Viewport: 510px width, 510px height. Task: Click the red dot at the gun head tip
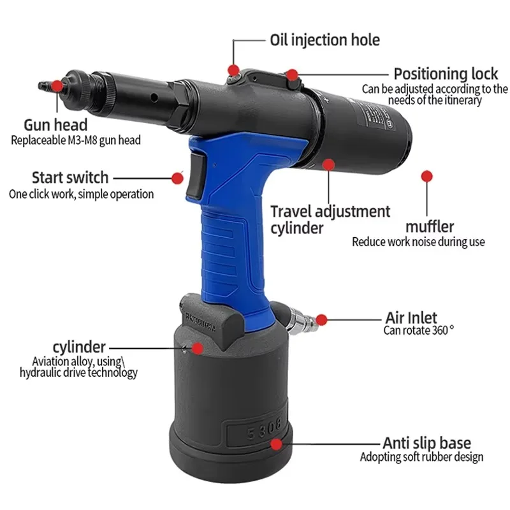pyautogui.click(x=57, y=85)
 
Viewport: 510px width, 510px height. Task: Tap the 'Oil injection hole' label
pyautogui.click(x=324, y=40)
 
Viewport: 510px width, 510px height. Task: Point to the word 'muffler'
pyautogui.click(x=430, y=226)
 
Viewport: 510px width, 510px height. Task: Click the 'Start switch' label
pyautogui.click(x=70, y=177)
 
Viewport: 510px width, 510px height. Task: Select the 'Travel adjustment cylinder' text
pyautogui.click(x=330, y=219)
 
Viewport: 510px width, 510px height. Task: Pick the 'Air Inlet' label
pyautogui.click(x=411, y=317)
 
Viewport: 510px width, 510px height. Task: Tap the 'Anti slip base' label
pyautogui.click(x=426, y=442)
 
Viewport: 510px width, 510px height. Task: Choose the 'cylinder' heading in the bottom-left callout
pyautogui.click(x=78, y=347)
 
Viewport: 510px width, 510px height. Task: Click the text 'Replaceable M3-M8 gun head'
pyautogui.click(x=75, y=140)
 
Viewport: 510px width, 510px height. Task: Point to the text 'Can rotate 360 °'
pyautogui.click(x=418, y=330)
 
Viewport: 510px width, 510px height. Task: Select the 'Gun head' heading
pyautogui.click(x=55, y=125)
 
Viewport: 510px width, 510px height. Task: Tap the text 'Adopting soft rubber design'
pyautogui.click(x=421, y=457)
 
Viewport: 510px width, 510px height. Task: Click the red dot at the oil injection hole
pyautogui.click(x=234, y=69)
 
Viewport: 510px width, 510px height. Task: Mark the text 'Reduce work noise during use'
pyautogui.click(x=418, y=242)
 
